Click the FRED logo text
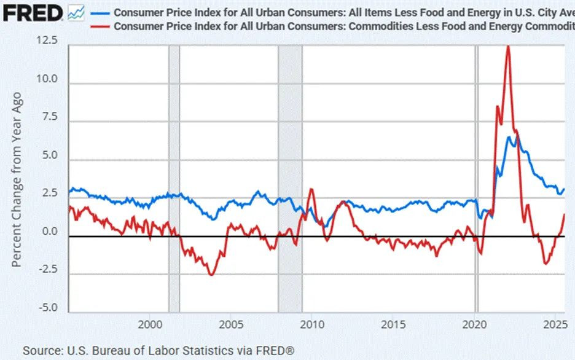(32, 12)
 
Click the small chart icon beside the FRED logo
(76, 12)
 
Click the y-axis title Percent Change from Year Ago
(17, 179)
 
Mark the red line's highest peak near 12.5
(508, 47)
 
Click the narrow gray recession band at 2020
(476, 178)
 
